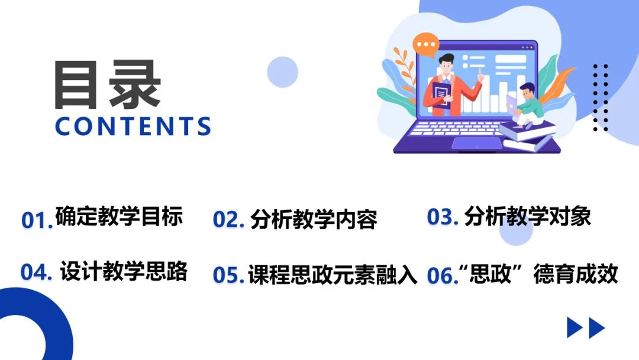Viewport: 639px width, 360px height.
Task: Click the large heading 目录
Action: (108, 85)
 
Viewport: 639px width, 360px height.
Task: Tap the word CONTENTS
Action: (133, 126)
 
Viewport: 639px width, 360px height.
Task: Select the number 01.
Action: (37, 220)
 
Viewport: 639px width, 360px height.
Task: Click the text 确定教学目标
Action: (119, 216)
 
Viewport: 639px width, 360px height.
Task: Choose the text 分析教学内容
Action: (314, 219)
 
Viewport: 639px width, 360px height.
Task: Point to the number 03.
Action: (443, 217)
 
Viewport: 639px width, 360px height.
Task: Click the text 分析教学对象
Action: (527, 216)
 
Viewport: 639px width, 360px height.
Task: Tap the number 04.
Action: (36, 272)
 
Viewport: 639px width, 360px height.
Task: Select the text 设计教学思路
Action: (124, 271)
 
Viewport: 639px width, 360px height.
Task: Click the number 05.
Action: (228, 275)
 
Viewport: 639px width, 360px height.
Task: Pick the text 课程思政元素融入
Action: (333, 274)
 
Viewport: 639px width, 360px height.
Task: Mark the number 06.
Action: (442, 275)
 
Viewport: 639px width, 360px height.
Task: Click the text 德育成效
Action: (576, 274)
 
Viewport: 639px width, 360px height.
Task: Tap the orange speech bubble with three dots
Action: (426, 45)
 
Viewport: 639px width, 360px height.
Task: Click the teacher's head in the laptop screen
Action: (446, 65)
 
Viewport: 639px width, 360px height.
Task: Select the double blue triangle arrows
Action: (586, 328)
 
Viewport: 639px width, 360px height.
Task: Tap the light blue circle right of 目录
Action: (282, 72)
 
